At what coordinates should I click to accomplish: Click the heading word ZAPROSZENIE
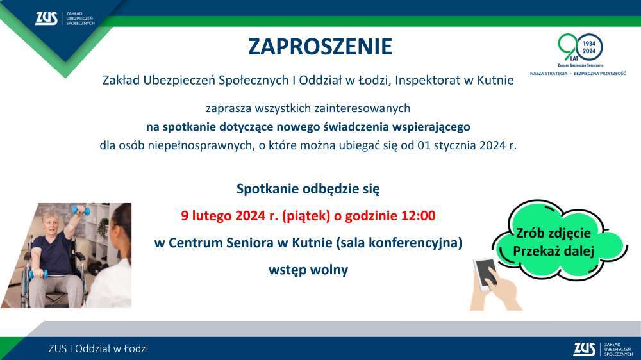(320, 47)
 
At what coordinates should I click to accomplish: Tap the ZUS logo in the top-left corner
(65, 19)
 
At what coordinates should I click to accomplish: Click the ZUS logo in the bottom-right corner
(603, 349)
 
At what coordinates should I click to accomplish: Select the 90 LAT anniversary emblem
(581, 50)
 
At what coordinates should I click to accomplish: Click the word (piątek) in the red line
(306, 216)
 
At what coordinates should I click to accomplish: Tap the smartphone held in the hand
(485, 274)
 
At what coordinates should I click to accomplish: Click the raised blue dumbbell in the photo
(81, 211)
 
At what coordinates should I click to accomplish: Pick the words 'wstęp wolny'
(308, 270)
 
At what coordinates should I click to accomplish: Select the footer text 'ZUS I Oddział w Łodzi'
(98, 349)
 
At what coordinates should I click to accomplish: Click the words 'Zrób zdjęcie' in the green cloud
(553, 233)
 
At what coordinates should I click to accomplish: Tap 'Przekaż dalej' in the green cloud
(554, 251)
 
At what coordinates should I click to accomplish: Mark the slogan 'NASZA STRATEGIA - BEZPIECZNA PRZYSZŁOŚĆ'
(578, 74)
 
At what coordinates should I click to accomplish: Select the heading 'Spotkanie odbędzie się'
(308, 189)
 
